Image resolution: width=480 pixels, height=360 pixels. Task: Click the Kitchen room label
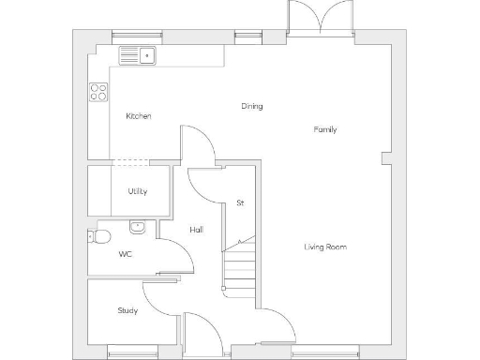pos(139,116)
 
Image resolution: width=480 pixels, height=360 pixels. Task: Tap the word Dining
pos(251,106)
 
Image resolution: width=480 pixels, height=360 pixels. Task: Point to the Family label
pos(325,129)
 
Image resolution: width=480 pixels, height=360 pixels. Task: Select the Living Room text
pos(325,247)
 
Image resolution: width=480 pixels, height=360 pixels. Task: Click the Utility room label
pos(138,192)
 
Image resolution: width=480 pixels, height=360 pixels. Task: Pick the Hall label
pos(197,230)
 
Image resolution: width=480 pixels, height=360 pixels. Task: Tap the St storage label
pos(240,202)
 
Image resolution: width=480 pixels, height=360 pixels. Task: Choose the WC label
pos(125,254)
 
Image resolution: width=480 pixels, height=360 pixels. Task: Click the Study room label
pos(127,310)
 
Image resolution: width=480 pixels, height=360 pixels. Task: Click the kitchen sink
pos(138,56)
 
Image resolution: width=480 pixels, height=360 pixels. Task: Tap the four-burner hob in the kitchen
pos(97,92)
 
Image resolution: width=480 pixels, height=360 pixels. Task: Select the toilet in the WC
pos(97,235)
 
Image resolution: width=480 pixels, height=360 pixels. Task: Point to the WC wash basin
pos(138,226)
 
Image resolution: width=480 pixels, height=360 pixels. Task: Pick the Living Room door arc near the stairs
pos(276,323)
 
